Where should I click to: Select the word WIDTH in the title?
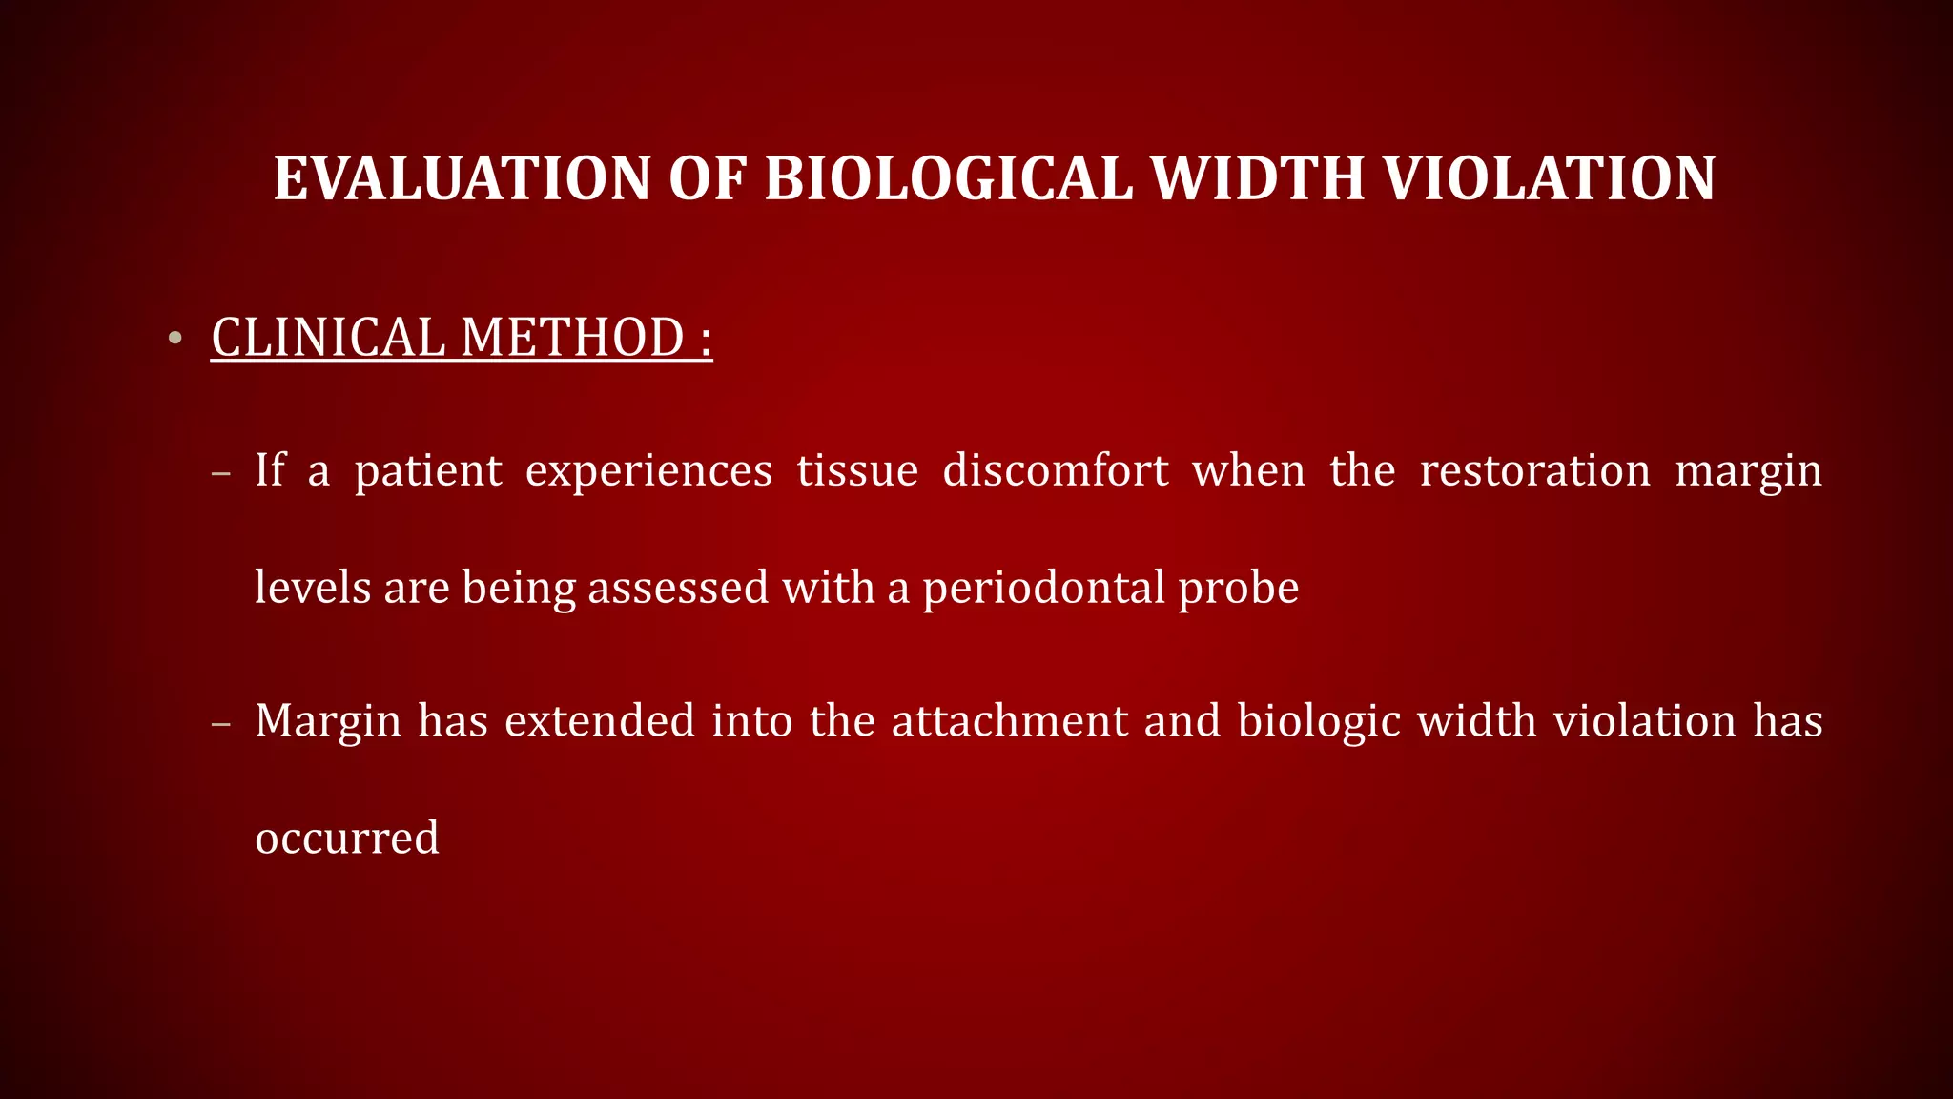click(1258, 178)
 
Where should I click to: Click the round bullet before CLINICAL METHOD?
click(174, 339)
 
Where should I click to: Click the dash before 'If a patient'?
click(221, 473)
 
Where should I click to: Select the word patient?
click(428, 471)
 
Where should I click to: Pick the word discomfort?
click(1056, 470)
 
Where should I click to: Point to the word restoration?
click(1534, 470)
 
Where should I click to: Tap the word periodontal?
click(1042, 588)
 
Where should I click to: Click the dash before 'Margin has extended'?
click(221, 723)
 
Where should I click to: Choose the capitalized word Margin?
click(328, 722)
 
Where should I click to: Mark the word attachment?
click(1010, 721)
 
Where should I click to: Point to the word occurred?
click(347, 839)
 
